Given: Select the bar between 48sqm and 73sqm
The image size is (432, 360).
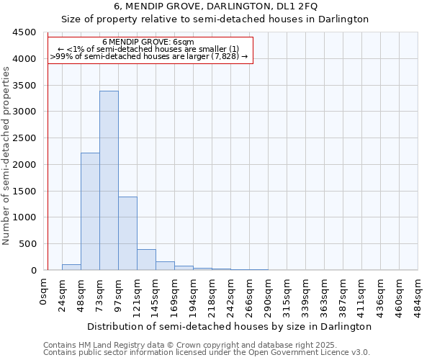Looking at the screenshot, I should pos(90,211).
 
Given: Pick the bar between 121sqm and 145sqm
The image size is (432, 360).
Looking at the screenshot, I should pos(146,260).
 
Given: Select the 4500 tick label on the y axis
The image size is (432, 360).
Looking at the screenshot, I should pos(24,32).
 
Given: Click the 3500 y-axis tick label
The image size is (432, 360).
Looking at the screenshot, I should pos(24,85).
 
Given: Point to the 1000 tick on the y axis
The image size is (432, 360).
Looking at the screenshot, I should pos(24,217).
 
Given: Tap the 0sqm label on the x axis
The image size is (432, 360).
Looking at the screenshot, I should pos(45,292).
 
